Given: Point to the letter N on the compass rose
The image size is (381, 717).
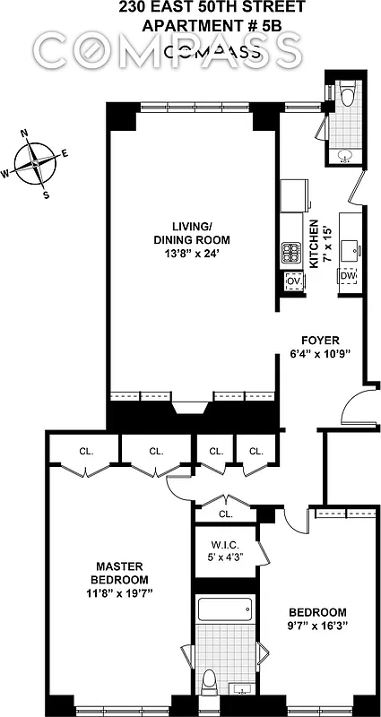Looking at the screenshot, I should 24,136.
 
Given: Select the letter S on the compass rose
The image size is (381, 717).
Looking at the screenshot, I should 47,195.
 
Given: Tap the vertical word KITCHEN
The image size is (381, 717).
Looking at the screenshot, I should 314,246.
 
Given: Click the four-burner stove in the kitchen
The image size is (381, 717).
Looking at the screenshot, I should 291,253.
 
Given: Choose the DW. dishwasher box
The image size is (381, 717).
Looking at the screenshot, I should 347,276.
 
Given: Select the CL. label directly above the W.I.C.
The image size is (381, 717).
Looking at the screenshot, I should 225,514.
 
